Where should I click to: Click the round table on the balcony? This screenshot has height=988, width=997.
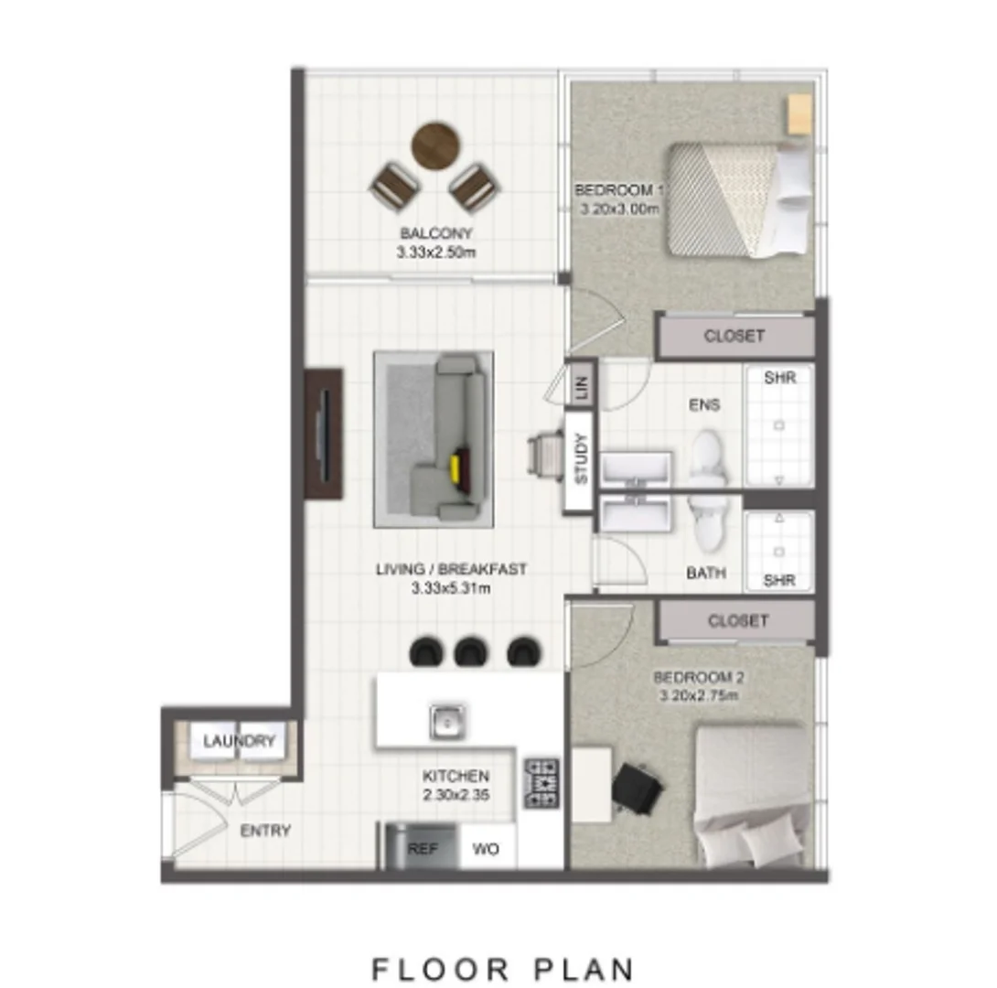point(435,145)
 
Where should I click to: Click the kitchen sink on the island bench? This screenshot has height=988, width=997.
point(447,722)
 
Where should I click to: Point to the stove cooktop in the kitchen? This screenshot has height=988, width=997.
point(541,782)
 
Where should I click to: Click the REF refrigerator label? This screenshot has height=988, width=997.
point(423,849)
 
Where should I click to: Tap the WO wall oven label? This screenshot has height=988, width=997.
point(486,849)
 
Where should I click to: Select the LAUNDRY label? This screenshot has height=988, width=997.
point(239,741)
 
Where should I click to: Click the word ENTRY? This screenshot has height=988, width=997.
point(265,831)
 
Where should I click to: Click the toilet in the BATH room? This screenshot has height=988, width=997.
point(707,523)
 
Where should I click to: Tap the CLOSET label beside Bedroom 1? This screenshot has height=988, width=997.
point(734,336)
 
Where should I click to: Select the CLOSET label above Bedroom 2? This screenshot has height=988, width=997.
point(737,621)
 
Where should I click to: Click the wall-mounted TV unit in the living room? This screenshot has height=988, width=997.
point(324,434)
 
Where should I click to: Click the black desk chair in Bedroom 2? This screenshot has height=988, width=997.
point(635,788)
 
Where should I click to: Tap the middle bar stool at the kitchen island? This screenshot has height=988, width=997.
point(469,650)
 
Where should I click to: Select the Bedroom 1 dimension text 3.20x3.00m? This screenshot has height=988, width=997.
point(619,209)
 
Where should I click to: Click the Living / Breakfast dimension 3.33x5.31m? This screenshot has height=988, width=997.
point(451,588)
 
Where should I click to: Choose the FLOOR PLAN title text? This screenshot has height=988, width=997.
point(502,968)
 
